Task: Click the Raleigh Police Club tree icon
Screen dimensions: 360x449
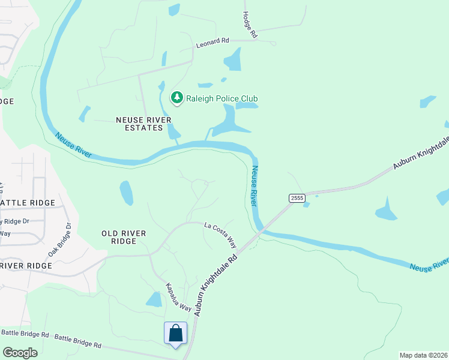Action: coord(176,98)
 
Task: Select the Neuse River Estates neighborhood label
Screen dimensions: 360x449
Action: coord(139,124)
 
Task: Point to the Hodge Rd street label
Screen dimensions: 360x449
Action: coord(250,25)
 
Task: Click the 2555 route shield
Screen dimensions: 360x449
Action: coord(297,197)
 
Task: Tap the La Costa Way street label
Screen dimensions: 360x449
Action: coord(220,235)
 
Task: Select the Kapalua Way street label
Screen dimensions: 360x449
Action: coord(178,297)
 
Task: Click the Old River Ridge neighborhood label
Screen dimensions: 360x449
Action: coord(119,236)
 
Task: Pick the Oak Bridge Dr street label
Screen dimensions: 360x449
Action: coord(59,240)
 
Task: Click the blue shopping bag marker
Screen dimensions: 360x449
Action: coord(175,334)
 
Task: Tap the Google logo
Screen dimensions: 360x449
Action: coord(20,353)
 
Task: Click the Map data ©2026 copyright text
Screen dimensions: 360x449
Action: coord(424,355)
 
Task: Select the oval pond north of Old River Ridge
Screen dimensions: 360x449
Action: coord(127,193)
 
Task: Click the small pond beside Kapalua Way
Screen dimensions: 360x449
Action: coord(154,299)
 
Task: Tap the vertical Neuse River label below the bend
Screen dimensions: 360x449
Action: coord(254,186)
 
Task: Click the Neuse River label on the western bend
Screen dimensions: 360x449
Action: coord(74,145)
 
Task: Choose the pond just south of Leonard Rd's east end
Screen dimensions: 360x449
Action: coord(232,59)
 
